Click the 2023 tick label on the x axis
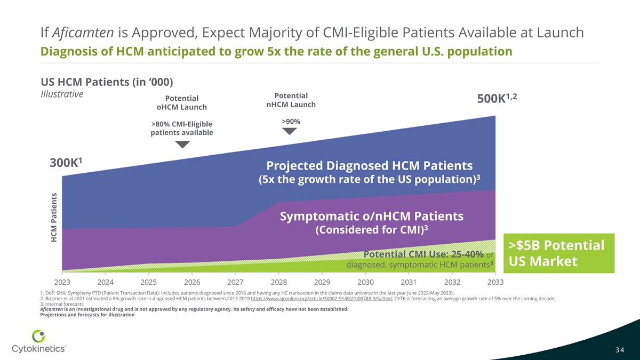coord(62,281)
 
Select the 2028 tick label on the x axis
coord(279,281)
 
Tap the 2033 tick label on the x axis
coord(495,281)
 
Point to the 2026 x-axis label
coord(192,281)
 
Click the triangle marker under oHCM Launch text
coord(182,145)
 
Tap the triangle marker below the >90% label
coord(289,131)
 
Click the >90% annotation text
coord(291,122)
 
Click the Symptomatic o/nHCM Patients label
coord(371,217)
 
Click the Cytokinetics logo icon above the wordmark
coord(38,337)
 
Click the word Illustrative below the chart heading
coord(61,94)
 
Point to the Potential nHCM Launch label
coord(291,100)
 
